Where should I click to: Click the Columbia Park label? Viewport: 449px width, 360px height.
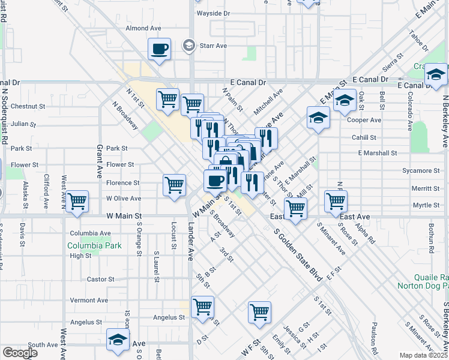click(x=94, y=245)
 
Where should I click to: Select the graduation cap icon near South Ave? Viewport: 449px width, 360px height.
click(x=118, y=340)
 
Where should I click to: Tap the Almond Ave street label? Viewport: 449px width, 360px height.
click(x=143, y=28)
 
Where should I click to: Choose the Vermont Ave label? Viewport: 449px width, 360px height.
click(x=89, y=300)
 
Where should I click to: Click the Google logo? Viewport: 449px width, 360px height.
click(x=20, y=353)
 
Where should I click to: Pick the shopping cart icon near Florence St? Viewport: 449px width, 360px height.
click(x=174, y=184)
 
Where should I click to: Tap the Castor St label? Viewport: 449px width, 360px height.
click(x=100, y=279)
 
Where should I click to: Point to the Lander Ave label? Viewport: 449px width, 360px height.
click(x=191, y=241)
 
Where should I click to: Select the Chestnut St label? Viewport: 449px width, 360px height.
click(x=28, y=107)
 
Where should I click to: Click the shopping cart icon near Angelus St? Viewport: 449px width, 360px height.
click(x=202, y=307)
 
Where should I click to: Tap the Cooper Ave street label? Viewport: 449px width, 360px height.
click(x=367, y=120)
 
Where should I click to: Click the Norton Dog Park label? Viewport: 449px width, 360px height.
click(x=423, y=286)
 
